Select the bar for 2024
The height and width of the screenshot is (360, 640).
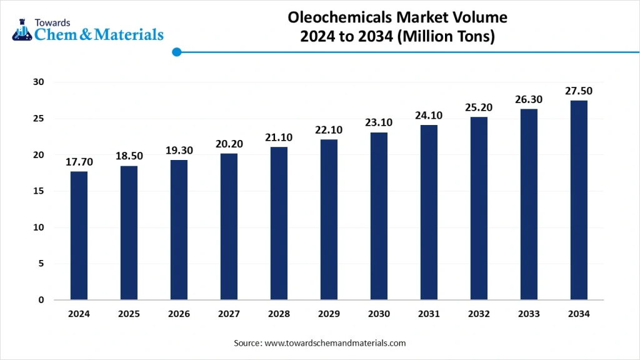point(79,236)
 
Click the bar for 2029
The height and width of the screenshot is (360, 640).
point(329,219)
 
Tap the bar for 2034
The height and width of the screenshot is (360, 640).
point(579,200)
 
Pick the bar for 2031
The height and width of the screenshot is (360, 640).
point(429,212)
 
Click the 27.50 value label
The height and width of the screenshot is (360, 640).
point(579,91)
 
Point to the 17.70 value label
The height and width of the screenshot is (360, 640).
point(79,162)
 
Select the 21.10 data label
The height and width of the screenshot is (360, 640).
point(279,137)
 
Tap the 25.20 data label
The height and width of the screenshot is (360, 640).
point(479,107)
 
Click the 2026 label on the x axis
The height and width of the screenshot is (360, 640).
point(179,314)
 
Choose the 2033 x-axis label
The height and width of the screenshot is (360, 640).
point(529,314)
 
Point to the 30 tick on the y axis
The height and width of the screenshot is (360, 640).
point(39,82)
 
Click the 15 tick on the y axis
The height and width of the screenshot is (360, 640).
point(39,191)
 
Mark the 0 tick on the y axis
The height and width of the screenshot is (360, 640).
point(41,300)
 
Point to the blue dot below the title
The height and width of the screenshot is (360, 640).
point(176,52)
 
